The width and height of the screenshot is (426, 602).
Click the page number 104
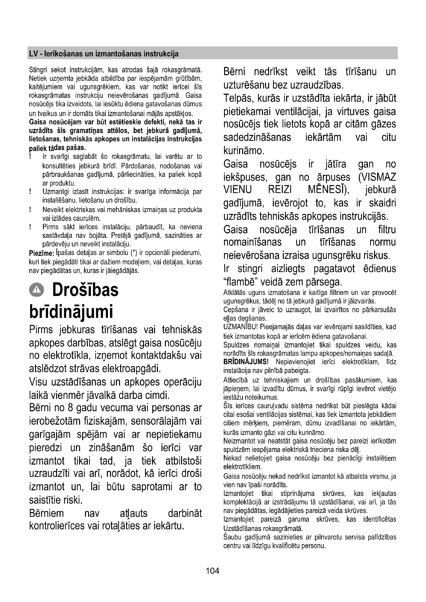(x=212, y=570)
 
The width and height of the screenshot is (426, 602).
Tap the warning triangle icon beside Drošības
(x=37, y=290)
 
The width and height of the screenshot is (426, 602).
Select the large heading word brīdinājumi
(x=71, y=311)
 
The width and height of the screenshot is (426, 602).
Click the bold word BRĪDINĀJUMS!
(x=246, y=362)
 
